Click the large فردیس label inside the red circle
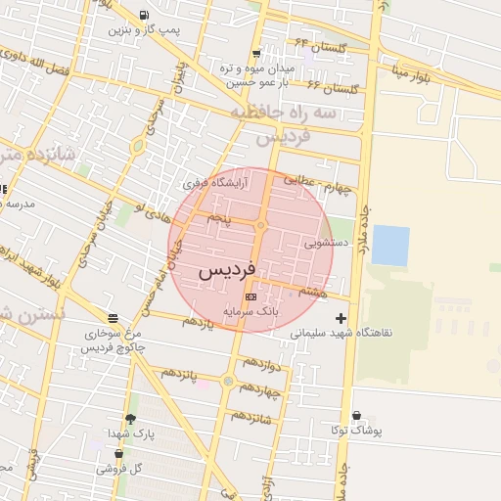(x=227, y=270)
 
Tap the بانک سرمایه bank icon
(x=250, y=296)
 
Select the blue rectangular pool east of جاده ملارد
(x=390, y=245)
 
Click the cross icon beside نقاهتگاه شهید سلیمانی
(x=341, y=317)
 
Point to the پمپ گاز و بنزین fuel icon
(x=144, y=16)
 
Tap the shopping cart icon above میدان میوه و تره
(x=256, y=54)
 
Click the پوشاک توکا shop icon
(x=355, y=416)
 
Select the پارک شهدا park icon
(x=131, y=419)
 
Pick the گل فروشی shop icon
(x=118, y=454)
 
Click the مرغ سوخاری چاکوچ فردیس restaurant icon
(x=114, y=319)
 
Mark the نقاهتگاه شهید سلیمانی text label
(x=342, y=332)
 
